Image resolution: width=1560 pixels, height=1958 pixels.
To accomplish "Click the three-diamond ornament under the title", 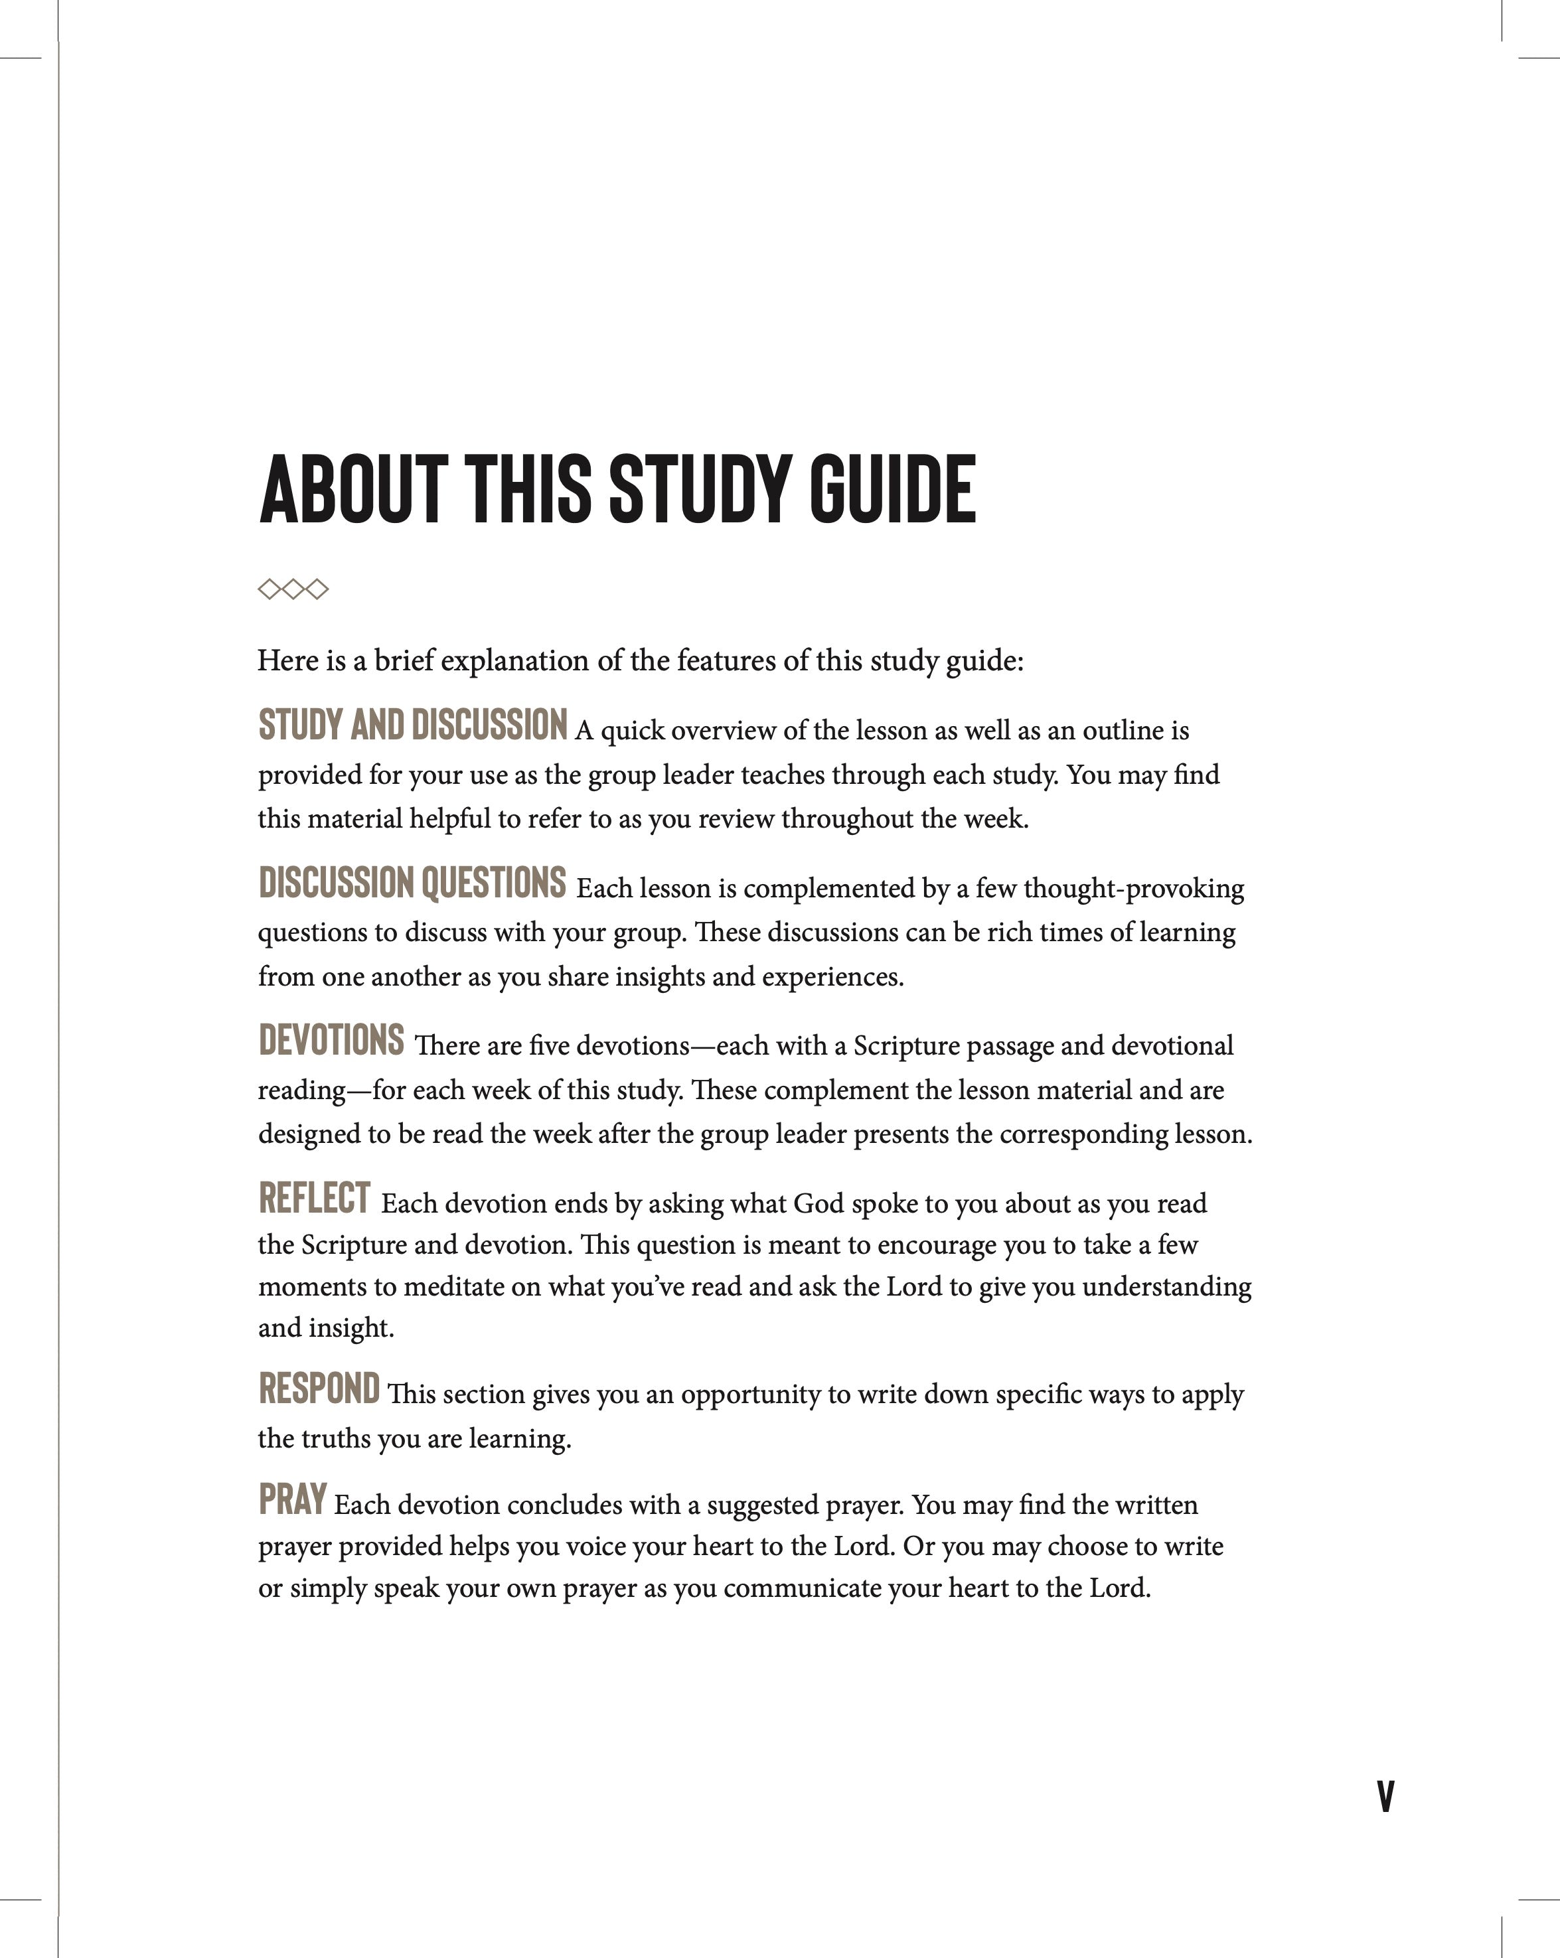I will click(293, 589).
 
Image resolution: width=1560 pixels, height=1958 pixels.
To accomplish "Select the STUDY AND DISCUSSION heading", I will click(412, 725).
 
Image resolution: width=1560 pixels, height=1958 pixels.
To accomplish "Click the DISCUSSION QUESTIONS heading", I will click(412, 883).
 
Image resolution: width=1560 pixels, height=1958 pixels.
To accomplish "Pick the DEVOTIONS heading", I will click(331, 1040).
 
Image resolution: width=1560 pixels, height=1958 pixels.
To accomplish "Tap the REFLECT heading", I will click(315, 1198).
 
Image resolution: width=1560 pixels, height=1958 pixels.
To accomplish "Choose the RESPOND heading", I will click(319, 1389).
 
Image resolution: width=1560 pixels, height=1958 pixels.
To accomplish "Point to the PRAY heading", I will click(293, 1499).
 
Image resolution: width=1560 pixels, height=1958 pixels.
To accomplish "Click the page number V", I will click(1385, 1796).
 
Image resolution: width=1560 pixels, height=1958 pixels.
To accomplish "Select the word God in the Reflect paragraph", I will click(819, 1204).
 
